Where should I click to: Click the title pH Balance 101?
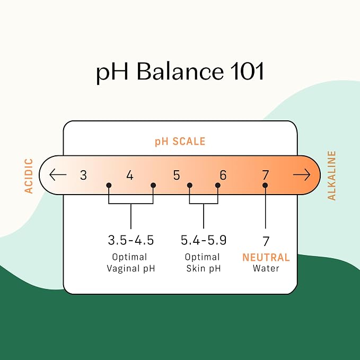(x=180, y=72)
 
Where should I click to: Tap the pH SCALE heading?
(x=180, y=142)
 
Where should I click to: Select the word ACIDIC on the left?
(x=29, y=176)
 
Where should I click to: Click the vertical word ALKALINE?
(x=331, y=175)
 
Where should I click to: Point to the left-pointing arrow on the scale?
(x=58, y=174)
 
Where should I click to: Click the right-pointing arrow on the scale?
(x=302, y=175)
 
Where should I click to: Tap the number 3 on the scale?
(x=84, y=175)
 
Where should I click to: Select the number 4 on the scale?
(x=130, y=175)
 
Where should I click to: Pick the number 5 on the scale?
(x=177, y=175)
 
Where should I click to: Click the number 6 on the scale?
(x=223, y=175)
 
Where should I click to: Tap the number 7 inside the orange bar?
(x=266, y=175)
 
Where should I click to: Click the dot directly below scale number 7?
(x=265, y=185)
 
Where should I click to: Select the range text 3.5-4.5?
(x=130, y=240)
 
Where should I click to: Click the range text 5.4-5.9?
(x=204, y=240)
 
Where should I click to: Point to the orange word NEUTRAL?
(x=266, y=257)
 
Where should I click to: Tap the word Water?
(x=266, y=268)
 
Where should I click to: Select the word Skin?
(x=194, y=268)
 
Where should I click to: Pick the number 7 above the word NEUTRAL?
(x=266, y=241)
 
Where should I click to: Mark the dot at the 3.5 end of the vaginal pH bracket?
(x=109, y=185)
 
